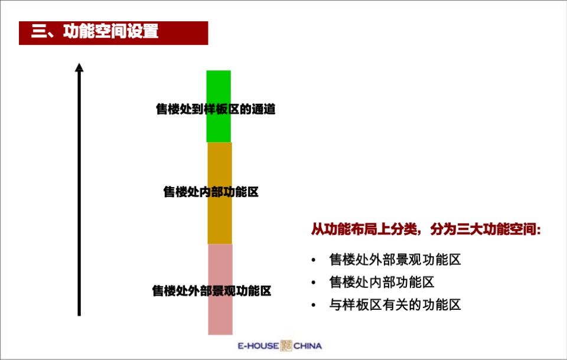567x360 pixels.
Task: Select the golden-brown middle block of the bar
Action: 219,218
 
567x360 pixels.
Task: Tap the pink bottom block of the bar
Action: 220,319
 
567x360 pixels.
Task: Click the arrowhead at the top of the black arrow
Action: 79,68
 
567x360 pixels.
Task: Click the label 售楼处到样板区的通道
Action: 216,109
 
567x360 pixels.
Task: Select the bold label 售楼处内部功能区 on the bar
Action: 211,192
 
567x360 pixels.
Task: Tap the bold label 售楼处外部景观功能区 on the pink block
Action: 211,291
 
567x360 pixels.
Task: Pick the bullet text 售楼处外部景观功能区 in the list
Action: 395,260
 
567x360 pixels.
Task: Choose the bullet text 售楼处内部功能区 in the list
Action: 382,282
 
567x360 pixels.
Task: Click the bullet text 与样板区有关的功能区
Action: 395,305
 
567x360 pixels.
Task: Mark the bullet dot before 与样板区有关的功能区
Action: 314,306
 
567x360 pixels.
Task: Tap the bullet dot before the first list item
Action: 314,260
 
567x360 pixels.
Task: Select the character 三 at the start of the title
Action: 39,32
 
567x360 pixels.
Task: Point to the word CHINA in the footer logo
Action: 308,346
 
